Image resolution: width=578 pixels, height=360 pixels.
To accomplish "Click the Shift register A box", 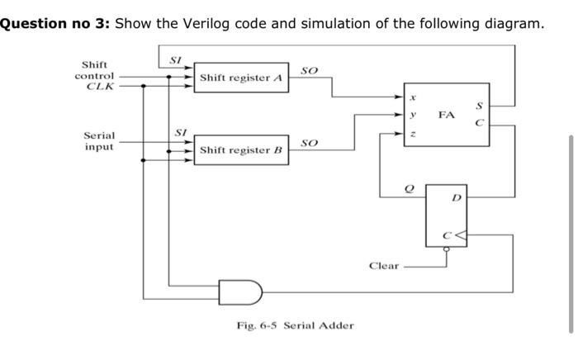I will click(241, 78).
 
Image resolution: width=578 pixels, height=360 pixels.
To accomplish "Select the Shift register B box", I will click(241, 150).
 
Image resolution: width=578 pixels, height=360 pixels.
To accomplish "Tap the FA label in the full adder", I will click(447, 115).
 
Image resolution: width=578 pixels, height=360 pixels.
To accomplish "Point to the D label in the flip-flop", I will click(457, 198).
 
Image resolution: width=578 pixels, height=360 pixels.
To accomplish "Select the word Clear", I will click(384, 266).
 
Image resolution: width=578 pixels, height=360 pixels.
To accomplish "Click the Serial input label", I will click(99, 141).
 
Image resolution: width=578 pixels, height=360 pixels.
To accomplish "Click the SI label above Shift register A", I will click(175, 59).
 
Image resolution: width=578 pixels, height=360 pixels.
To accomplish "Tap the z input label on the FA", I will click(413, 133).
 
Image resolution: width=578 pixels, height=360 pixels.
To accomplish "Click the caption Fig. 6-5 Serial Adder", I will click(295, 325).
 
